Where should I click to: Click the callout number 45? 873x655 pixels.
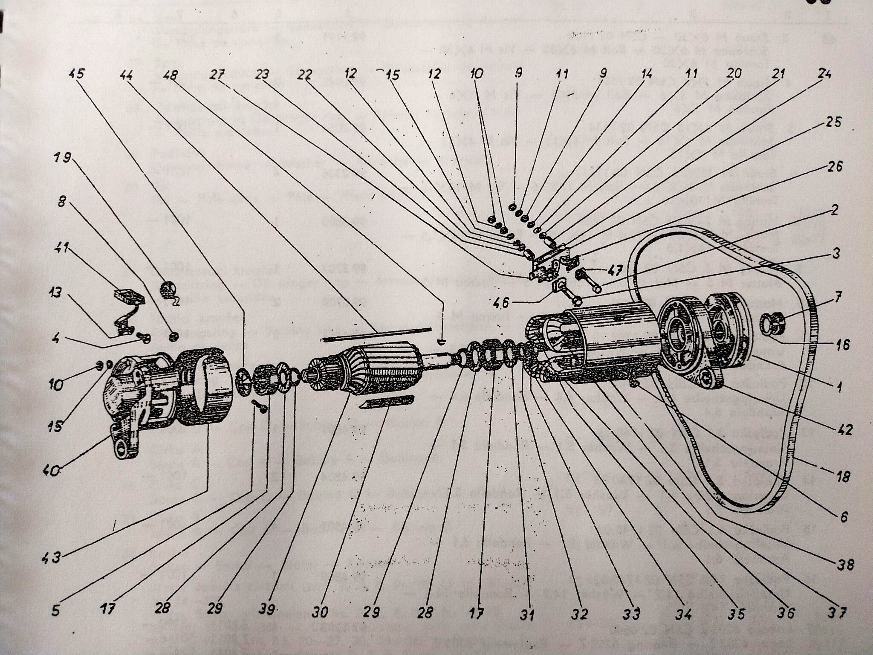pyautogui.click(x=77, y=74)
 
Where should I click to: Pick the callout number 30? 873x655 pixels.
pyautogui.click(x=319, y=612)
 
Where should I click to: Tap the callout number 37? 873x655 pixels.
pyautogui.click(x=837, y=613)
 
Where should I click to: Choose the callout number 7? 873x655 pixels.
pyautogui.click(x=838, y=297)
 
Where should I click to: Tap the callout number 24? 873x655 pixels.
pyautogui.click(x=824, y=74)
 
